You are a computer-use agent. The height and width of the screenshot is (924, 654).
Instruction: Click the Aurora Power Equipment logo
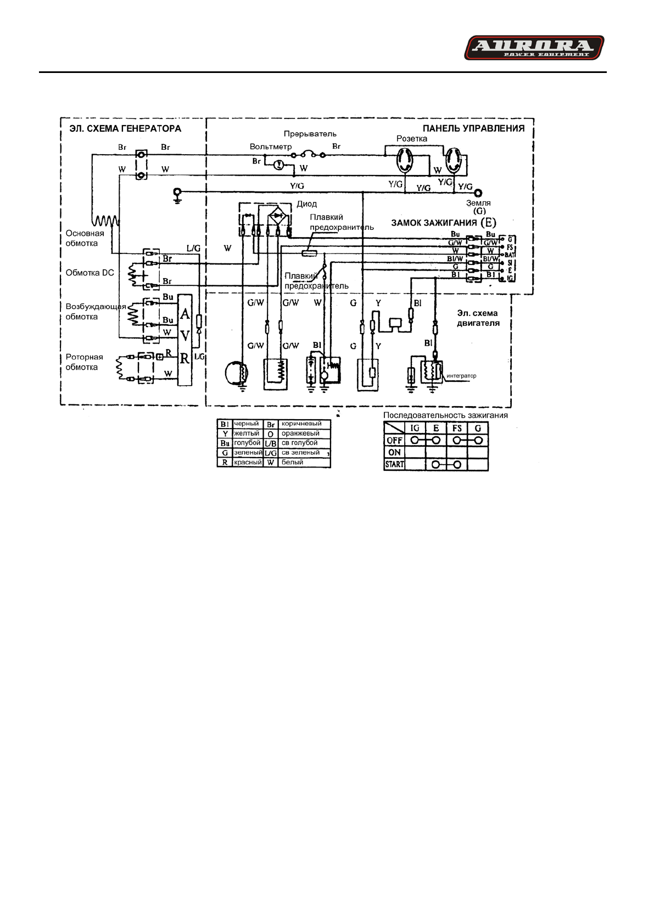(x=534, y=48)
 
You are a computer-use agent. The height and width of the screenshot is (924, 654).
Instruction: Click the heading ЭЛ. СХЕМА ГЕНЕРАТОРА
(x=125, y=128)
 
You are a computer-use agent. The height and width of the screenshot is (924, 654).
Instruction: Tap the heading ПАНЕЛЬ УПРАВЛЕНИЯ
(x=473, y=128)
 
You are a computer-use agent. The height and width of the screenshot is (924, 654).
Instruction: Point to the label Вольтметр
(x=271, y=147)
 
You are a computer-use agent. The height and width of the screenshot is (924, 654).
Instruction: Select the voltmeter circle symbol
(x=278, y=164)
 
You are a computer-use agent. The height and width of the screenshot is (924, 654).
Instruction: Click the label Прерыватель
(x=310, y=134)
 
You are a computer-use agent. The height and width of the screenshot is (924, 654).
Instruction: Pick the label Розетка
(x=411, y=138)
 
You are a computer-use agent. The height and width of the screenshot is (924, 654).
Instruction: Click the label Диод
(x=306, y=204)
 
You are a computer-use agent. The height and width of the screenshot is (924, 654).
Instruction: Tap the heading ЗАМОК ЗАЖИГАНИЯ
(x=434, y=223)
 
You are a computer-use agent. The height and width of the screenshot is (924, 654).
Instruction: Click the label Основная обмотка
(x=85, y=238)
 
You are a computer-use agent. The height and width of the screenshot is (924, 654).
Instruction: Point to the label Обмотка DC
(x=90, y=273)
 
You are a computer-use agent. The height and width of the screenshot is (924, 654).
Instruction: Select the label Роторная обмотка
(x=84, y=362)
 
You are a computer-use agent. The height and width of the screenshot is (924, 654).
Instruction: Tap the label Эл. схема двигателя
(x=478, y=318)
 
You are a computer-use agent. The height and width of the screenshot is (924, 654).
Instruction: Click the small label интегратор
(x=461, y=376)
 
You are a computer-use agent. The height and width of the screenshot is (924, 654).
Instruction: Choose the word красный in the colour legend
(x=248, y=463)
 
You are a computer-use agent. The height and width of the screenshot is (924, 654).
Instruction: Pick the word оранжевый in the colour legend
(x=300, y=433)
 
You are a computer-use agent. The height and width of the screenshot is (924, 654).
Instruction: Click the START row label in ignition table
(x=394, y=464)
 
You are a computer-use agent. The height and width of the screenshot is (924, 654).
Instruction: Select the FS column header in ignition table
(x=457, y=428)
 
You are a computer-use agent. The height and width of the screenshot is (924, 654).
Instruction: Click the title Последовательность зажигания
(x=445, y=415)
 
